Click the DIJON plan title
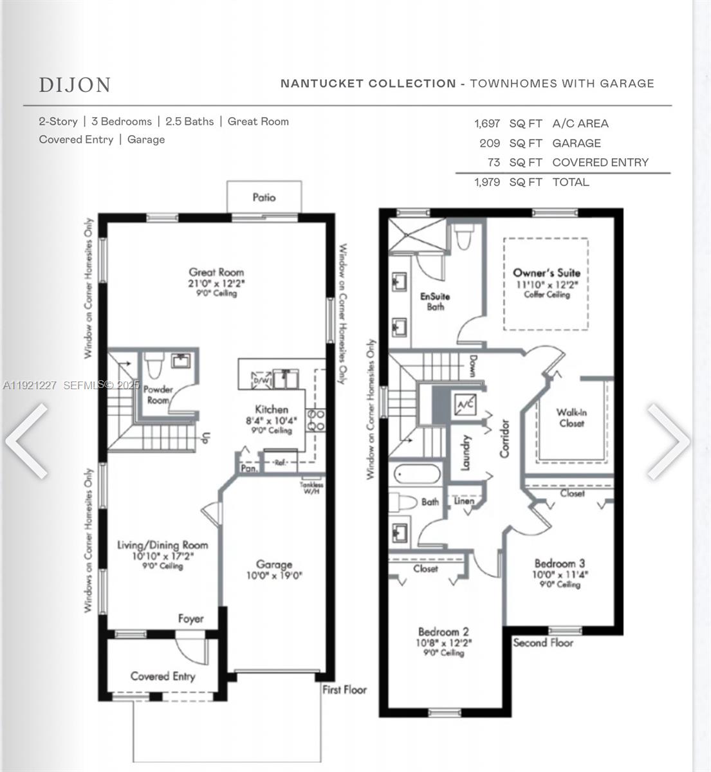(x=75, y=85)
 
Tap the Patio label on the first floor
(x=264, y=198)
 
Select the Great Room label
(x=216, y=272)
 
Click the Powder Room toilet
(x=153, y=366)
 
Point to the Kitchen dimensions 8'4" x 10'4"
(x=272, y=421)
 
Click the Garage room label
(x=274, y=564)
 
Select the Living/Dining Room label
(x=162, y=545)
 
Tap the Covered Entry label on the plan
(x=162, y=676)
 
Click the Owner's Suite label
(x=546, y=273)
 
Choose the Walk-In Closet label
(x=571, y=418)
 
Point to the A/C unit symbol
(x=465, y=405)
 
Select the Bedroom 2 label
(x=443, y=632)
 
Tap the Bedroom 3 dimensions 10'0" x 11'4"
(x=560, y=574)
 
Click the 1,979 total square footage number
(x=487, y=182)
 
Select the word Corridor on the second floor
(x=504, y=438)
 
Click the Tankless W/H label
(x=311, y=488)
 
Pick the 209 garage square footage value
(x=490, y=143)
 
